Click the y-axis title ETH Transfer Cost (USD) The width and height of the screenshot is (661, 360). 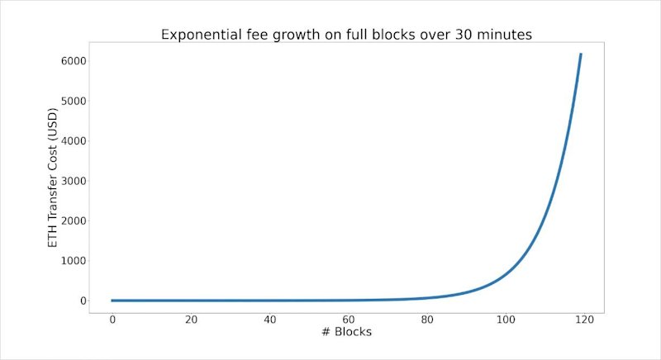pyautogui.click(x=52, y=178)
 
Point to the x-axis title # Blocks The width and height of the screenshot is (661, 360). pyautogui.click(x=346, y=332)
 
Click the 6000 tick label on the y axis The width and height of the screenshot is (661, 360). pyautogui.click(x=74, y=61)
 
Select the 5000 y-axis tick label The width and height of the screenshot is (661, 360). pyautogui.click(x=74, y=101)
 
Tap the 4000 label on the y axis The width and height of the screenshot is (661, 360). pyautogui.click(x=74, y=141)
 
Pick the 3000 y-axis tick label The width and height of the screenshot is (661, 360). pyautogui.click(x=74, y=181)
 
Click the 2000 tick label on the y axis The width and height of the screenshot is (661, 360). pyautogui.click(x=74, y=221)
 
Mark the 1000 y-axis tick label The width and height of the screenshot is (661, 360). pyautogui.click(x=74, y=261)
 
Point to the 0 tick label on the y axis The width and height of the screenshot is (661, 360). pyautogui.click(x=83, y=301)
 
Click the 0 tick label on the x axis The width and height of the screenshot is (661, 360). pyautogui.click(x=112, y=320)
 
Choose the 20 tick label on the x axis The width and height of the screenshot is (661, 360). pyautogui.click(x=191, y=320)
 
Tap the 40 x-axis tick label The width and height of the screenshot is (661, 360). pyautogui.click(x=270, y=320)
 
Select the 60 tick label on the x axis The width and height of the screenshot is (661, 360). pyautogui.click(x=348, y=320)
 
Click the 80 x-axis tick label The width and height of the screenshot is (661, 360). pyautogui.click(x=427, y=320)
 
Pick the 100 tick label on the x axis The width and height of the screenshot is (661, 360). pyautogui.click(x=506, y=320)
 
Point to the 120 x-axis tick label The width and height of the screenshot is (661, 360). pyautogui.click(x=584, y=320)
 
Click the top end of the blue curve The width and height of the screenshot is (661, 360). pyautogui.click(x=581, y=54)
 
